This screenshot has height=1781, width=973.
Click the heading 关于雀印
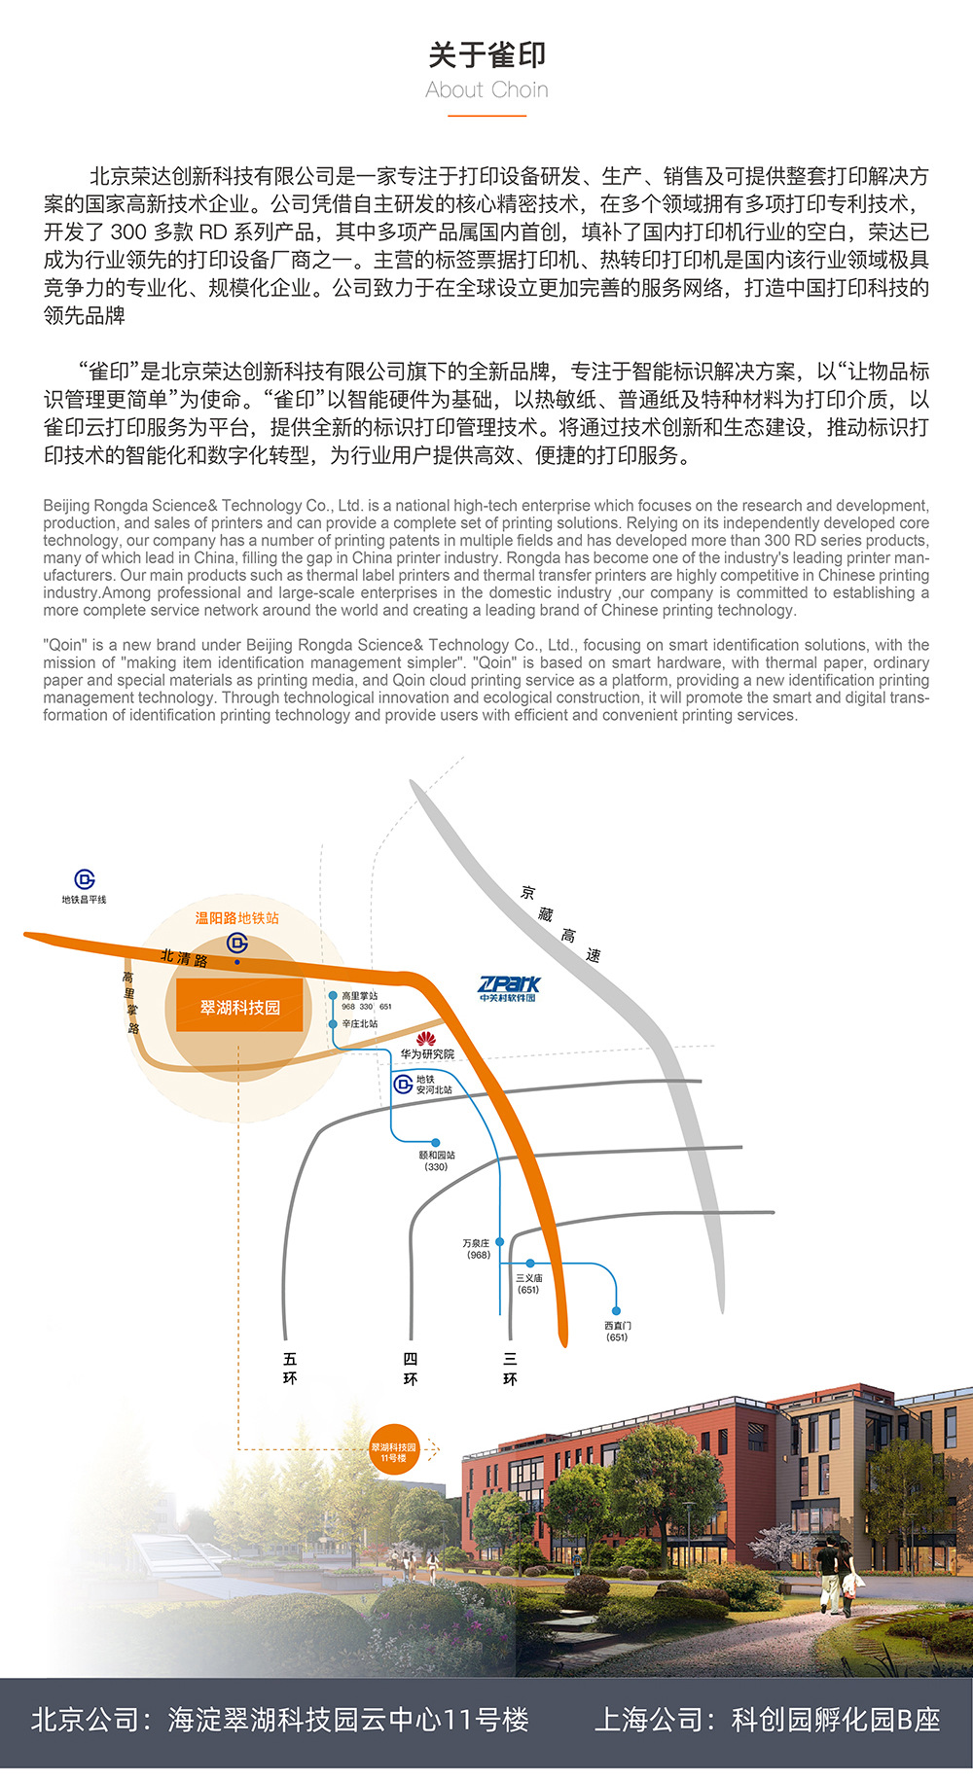pyautogui.click(x=486, y=55)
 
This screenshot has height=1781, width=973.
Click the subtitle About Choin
pyautogui.click(x=486, y=90)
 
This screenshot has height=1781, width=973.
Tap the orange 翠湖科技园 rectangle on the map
pyautogui.click(x=239, y=1007)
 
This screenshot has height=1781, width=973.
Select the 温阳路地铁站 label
pyautogui.click(x=236, y=918)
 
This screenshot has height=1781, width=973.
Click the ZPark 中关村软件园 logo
pyautogui.click(x=509, y=987)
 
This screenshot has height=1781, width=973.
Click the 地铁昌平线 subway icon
pyautogui.click(x=85, y=879)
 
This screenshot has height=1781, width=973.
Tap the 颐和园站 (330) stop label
pyautogui.click(x=436, y=1160)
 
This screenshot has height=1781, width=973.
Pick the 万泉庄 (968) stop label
pyautogui.click(x=477, y=1249)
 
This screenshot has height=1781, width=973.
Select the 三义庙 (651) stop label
pyautogui.click(x=528, y=1284)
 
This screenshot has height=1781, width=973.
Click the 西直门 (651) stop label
pyautogui.click(x=617, y=1331)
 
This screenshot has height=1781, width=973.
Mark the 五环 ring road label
pyautogui.click(x=289, y=1368)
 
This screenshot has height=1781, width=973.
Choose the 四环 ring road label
pyautogui.click(x=411, y=1368)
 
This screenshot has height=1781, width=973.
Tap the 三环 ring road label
pyautogui.click(x=510, y=1368)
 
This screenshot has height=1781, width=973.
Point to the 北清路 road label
pyautogui.click(x=184, y=958)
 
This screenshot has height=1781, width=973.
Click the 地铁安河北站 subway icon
pyautogui.click(x=403, y=1084)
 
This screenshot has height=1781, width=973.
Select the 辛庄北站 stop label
pyautogui.click(x=359, y=1024)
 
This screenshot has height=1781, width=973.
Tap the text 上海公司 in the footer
pyautogui.click(x=648, y=1719)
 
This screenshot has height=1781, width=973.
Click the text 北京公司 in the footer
pyautogui.click(x=86, y=1719)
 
